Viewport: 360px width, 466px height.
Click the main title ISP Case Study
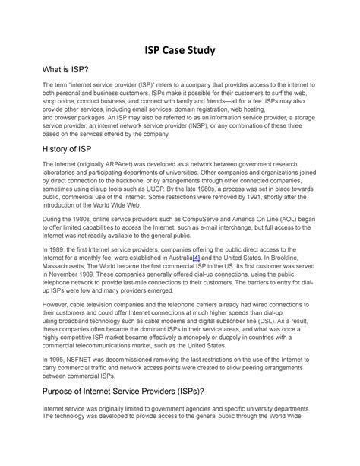[180, 52]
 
